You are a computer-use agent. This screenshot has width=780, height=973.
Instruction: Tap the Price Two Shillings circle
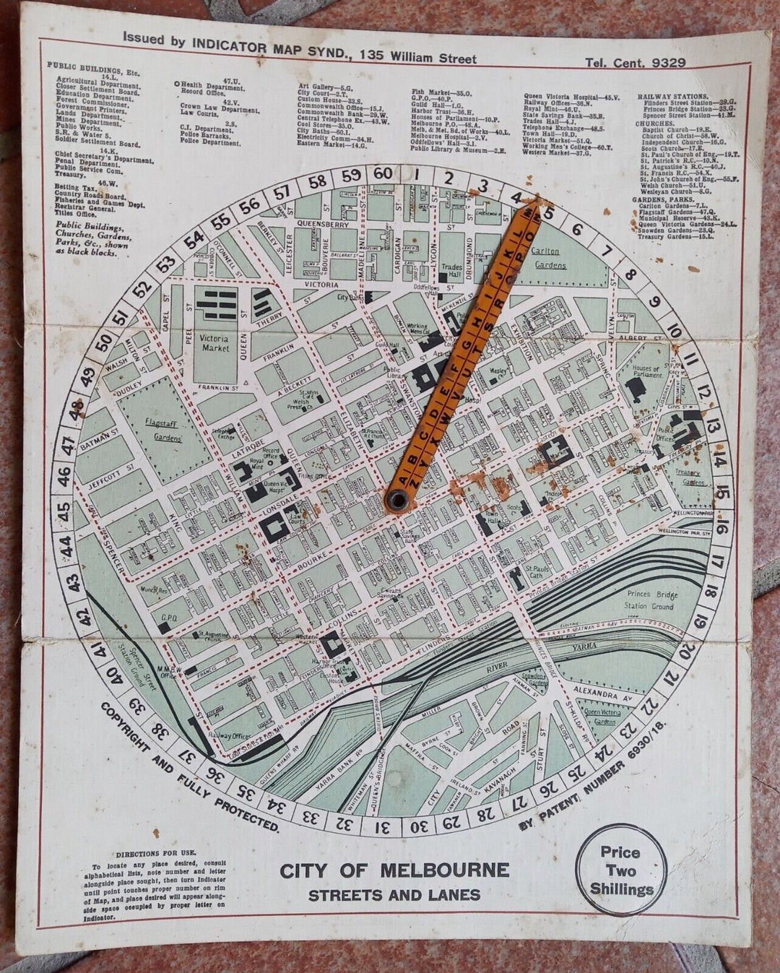pos(620,870)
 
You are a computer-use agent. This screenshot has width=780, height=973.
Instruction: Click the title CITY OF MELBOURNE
pos(394,870)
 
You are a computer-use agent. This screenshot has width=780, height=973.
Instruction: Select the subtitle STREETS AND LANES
pos(394,896)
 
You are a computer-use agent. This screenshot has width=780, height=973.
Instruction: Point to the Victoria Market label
pos(214,342)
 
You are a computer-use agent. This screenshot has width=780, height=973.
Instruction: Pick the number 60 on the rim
pos(383,174)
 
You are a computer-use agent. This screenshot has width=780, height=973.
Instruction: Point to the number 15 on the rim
pos(723,494)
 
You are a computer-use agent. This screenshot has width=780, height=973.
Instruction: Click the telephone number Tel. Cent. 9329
pos(635,63)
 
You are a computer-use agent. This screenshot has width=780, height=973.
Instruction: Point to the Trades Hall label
pos(451,271)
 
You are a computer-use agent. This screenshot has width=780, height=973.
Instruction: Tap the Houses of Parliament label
pos(646,371)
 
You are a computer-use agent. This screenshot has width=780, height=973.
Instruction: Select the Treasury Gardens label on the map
pos(688,477)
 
